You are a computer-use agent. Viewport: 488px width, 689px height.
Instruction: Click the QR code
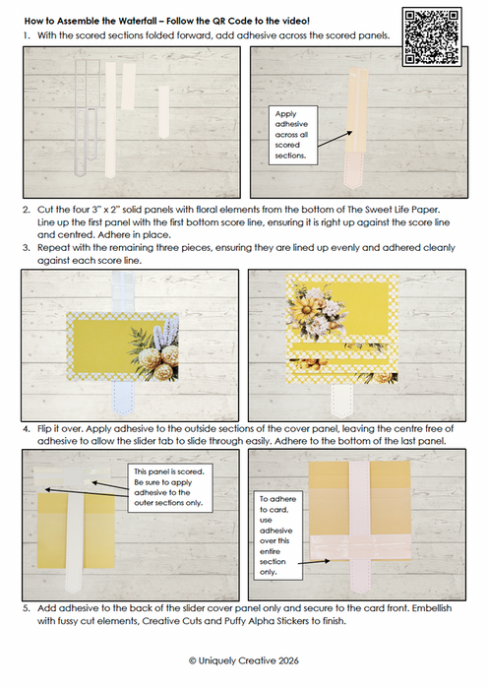pyautogui.click(x=432, y=37)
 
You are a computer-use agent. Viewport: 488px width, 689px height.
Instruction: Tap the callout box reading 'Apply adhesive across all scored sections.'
pyautogui.click(x=292, y=135)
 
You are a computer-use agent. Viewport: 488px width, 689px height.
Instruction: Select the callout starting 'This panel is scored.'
pyautogui.click(x=170, y=487)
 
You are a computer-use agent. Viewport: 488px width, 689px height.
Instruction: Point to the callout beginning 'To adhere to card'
pyautogui.click(x=278, y=535)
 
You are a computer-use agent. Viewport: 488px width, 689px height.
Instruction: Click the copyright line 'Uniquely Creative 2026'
pyautogui.click(x=244, y=660)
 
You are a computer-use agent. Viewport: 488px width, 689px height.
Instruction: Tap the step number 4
pyautogui.click(x=26, y=429)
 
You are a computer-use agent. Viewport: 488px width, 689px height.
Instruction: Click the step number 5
pyautogui.click(x=27, y=608)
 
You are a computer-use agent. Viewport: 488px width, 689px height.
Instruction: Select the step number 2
pyautogui.click(x=26, y=210)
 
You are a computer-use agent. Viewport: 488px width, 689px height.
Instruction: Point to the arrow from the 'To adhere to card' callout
pyautogui.click(x=314, y=562)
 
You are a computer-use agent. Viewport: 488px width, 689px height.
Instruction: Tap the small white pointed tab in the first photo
pyautogui.click(x=164, y=112)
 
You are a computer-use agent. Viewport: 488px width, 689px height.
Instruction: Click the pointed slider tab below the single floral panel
pyautogui.click(x=123, y=398)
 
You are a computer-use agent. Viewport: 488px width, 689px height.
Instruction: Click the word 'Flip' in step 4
pyautogui.click(x=44, y=429)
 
